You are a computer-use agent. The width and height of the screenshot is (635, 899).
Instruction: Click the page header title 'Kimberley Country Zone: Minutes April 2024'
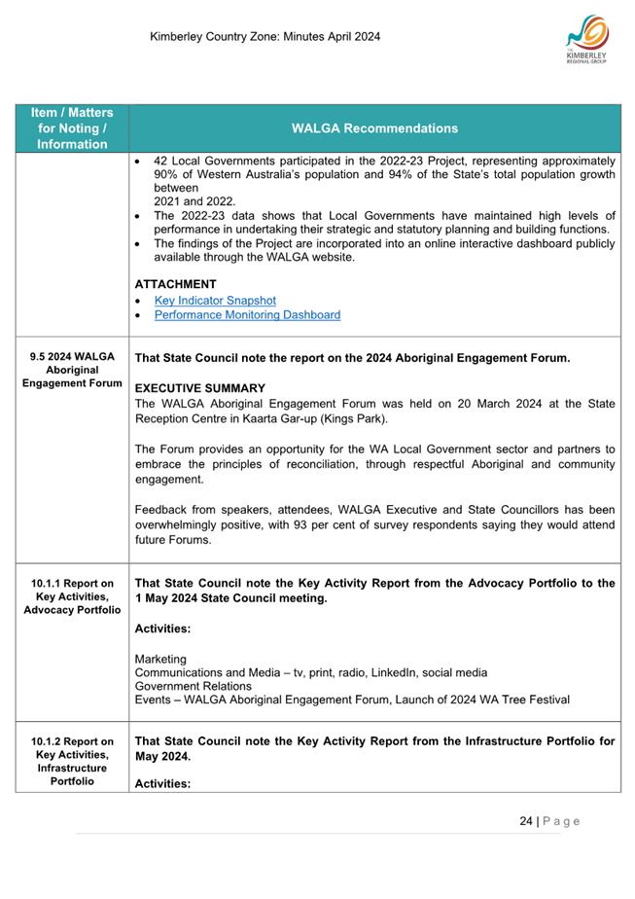click(265, 37)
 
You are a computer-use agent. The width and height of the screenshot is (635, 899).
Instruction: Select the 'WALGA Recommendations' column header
click(374, 127)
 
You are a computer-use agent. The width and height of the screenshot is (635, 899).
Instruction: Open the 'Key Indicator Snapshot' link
click(215, 301)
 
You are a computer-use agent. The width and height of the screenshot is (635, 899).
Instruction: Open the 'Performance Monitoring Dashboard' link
click(247, 315)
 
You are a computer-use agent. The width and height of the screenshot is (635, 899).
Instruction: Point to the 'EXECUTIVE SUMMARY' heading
click(200, 388)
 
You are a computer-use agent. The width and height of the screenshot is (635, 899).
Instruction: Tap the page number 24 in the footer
click(526, 821)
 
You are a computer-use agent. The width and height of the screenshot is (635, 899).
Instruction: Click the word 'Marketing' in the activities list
click(161, 659)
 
